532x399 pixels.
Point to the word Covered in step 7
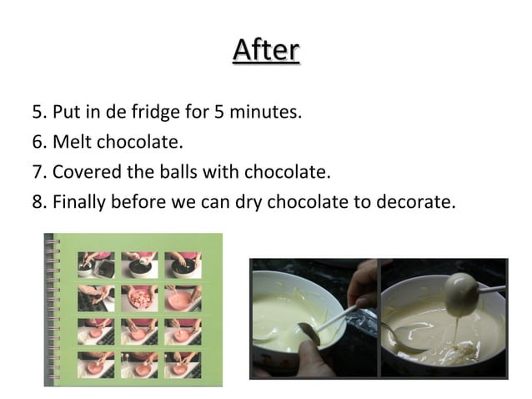click(x=83, y=172)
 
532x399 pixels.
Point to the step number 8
click(x=38, y=203)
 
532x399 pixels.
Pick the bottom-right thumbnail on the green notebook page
click(x=182, y=364)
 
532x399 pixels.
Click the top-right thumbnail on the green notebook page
click(x=182, y=265)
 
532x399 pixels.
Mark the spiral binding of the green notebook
click(x=52, y=309)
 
